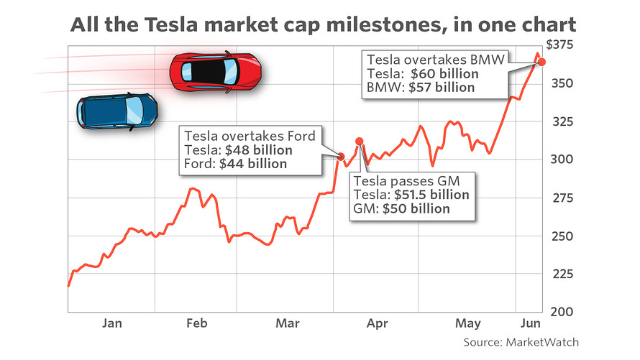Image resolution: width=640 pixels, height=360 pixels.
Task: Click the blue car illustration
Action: (118, 110)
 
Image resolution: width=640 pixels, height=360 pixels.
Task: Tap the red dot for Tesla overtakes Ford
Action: (341, 156)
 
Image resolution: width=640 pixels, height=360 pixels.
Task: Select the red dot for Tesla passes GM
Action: (360, 142)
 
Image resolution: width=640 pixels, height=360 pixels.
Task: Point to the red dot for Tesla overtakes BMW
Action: (542, 62)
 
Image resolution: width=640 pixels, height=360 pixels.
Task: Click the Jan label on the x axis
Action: (111, 324)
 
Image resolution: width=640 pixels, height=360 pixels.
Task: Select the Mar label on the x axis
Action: (288, 324)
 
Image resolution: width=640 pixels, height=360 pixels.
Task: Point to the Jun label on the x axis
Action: (531, 324)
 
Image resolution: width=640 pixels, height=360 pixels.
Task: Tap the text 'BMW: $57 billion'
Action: (421, 88)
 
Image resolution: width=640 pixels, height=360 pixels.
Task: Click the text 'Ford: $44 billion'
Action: (235, 164)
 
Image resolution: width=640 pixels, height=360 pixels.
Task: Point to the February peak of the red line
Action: (193, 189)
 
